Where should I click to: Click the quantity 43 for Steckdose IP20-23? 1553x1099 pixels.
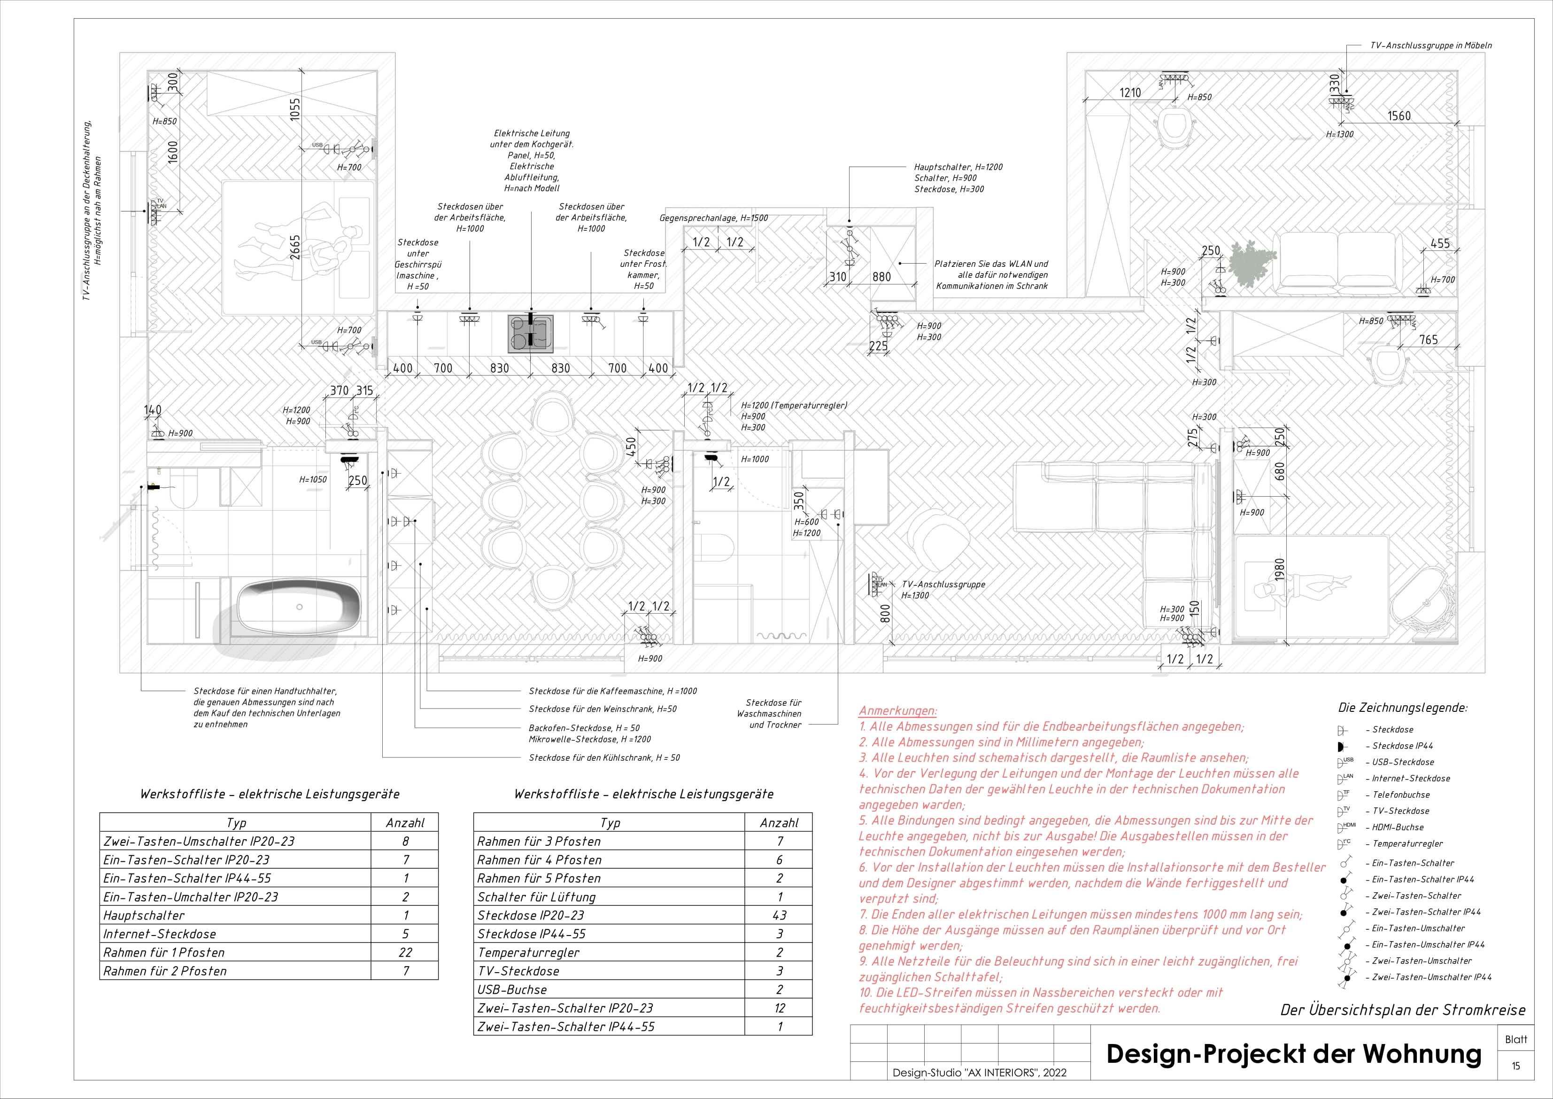(779, 915)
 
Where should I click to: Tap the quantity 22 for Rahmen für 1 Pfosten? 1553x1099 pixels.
(404, 952)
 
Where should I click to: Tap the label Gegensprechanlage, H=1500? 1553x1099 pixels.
(714, 218)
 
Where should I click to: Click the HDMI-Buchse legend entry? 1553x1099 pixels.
(1398, 827)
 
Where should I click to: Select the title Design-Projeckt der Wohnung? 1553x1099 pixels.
(1293, 1054)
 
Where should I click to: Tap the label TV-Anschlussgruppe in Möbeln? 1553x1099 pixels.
(1430, 45)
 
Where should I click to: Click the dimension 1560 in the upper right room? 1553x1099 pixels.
(1399, 116)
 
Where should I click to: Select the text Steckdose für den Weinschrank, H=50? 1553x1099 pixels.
(602, 709)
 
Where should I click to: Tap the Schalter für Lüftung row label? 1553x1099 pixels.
(536, 896)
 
